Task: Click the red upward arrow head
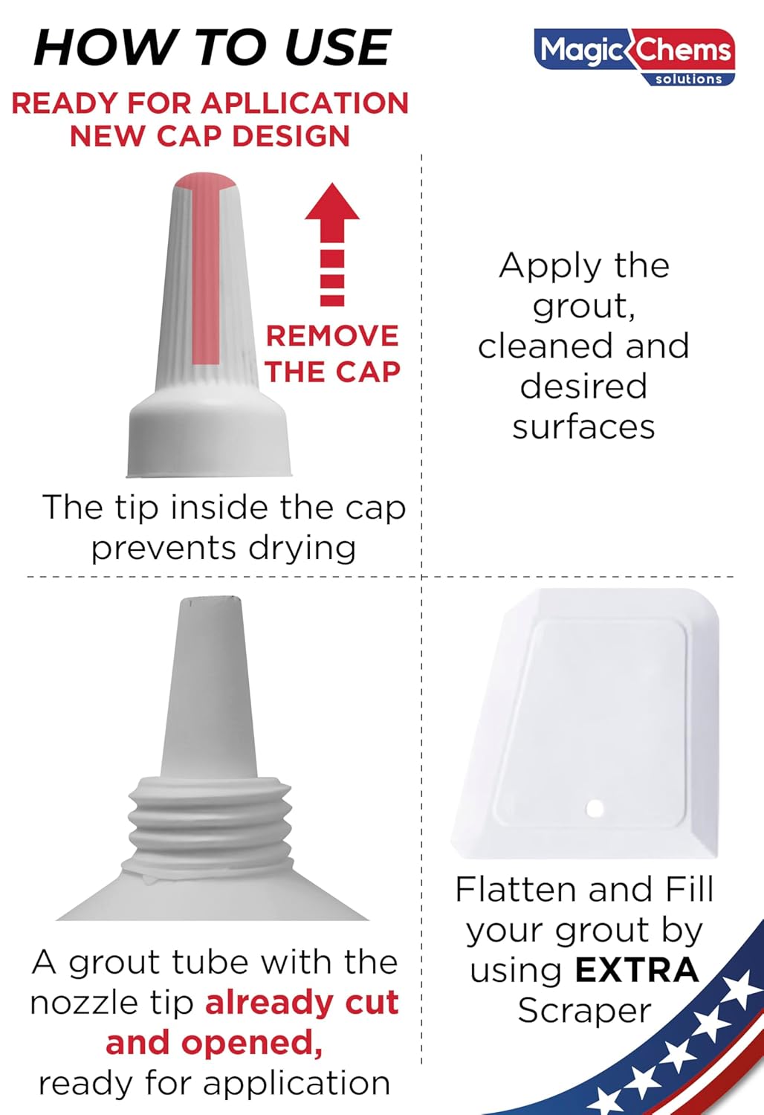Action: (x=332, y=204)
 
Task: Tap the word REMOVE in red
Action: (x=332, y=336)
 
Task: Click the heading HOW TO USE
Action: (x=213, y=48)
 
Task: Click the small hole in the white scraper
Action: (x=595, y=808)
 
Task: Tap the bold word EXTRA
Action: (x=637, y=970)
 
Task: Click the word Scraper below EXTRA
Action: (x=584, y=1011)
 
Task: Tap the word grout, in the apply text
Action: (x=584, y=306)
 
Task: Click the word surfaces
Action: (x=584, y=427)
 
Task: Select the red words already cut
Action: (x=302, y=1003)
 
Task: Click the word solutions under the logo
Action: (x=688, y=79)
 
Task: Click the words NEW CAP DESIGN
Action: (x=210, y=137)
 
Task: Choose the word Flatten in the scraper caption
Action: (x=517, y=890)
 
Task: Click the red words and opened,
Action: (x=214, y=1043)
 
